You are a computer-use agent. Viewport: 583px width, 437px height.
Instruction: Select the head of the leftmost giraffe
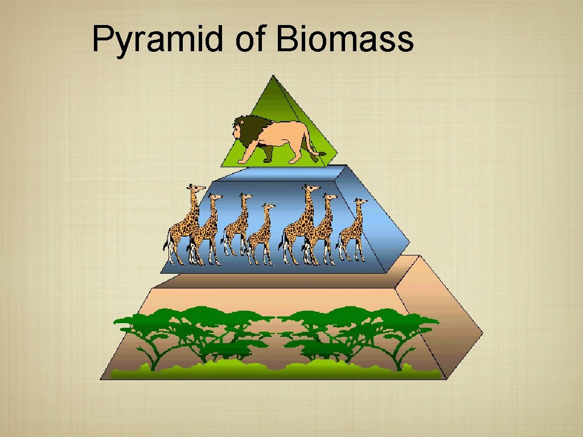pos(196,188)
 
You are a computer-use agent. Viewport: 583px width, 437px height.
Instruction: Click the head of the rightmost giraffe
pos(360,202)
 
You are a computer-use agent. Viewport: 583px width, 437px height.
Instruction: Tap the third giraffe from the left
pos(238,225)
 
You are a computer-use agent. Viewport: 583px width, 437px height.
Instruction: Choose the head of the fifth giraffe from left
pos(309,188)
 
